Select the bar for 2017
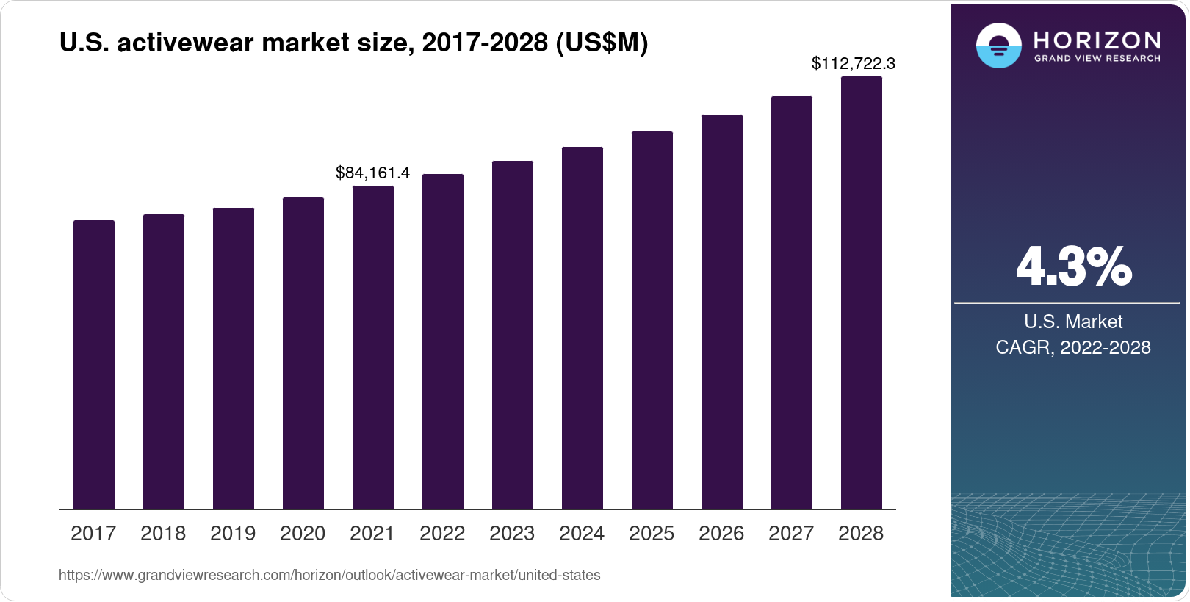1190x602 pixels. point(94,365)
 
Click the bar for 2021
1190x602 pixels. point(373,348)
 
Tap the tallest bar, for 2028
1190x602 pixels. point(861,294)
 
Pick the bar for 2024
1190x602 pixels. point(583,328)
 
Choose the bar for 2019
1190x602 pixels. point(234,359)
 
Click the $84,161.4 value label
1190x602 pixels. point(372,173)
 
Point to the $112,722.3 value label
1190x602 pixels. point(853,64)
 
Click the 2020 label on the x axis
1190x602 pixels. point(303,534)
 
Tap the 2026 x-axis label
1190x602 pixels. point(721,534)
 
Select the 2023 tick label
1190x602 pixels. point(512,534)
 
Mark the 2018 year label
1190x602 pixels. point(163,534)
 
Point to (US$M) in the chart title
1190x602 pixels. point(602,43)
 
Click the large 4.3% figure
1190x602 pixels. point(1073,267)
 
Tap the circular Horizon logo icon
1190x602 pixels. point(998,46)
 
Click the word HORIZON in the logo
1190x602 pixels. point(1097,40)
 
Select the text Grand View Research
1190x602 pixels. point(1097,59)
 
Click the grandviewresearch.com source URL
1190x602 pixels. point(329,576)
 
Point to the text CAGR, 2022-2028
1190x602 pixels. point(1072,347)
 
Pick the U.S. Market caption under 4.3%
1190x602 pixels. point(1073,322)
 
